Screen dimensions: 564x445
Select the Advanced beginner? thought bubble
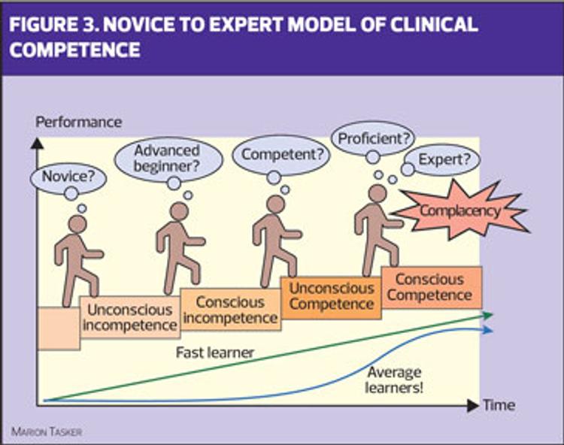(x=168, y=159)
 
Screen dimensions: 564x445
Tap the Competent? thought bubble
(x=281, y=155)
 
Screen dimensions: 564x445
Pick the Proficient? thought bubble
(x=373, y=139)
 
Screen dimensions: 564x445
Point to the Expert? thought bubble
(x=443, y=159)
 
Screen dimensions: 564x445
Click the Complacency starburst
(x=460, y=210)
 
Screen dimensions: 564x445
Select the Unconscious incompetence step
(x=130, y=317)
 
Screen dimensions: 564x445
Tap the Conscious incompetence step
(x=230, y=310)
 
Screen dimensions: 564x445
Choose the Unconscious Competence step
(x=331, y=298)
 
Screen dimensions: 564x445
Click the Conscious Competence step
(x=432, y=287)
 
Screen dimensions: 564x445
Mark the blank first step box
(x=59, y=328)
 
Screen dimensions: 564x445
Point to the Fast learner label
(x=215, y=353)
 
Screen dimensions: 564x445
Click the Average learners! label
(x=393, y=380)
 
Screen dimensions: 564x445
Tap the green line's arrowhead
(x=488, y=315)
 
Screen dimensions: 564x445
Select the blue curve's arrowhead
(x=488, y=330)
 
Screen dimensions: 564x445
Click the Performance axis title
(x=78, y=123)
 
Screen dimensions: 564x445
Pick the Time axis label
(x=499, y=405)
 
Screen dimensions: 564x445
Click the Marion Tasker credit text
(x=47, y=431)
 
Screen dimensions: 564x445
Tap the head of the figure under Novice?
(x=77, y=224)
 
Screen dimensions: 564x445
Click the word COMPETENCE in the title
(x=74, y=50)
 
